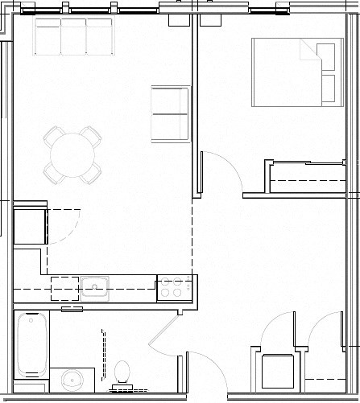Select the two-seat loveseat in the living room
(170, 113)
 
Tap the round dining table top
(73, 153)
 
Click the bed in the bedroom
(294, 72)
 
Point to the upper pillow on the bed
(326, 56)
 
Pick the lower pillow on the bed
(326, 88)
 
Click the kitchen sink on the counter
(95, 285)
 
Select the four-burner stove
(175, 288)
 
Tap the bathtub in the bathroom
(32, 343)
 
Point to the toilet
(123, 373)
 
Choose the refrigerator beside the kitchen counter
(29, 225)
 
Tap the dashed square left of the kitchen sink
(64, 288)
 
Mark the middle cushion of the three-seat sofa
(73, 36)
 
